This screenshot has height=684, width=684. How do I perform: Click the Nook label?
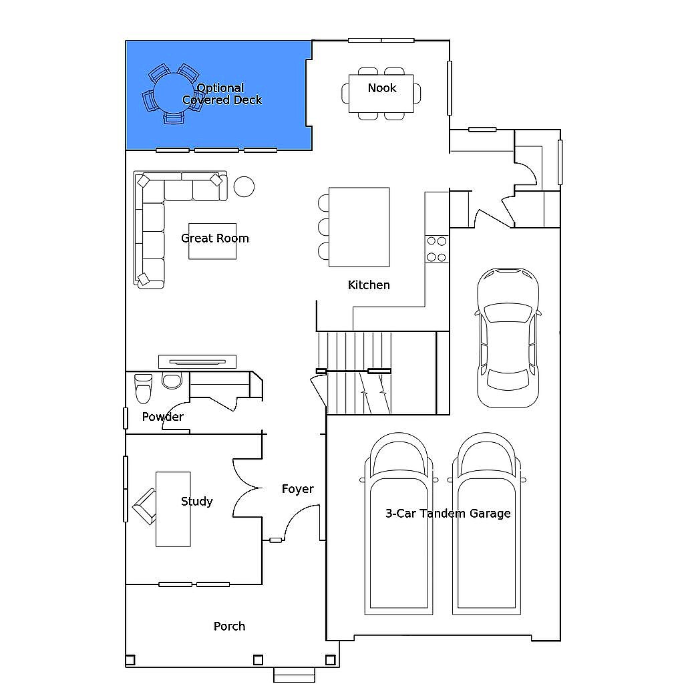click(x=381, y=88)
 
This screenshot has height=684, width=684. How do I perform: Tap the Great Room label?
click(x=214, y=238)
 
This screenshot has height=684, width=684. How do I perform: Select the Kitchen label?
click(x=369, y=285)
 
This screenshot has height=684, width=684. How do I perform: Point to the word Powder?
click(x=163, y=417)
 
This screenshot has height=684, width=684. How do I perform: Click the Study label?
click(x=197, y=502)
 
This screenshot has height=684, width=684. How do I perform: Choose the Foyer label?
click(x=297, y=489)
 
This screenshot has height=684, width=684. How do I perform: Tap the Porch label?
click(x=230, y=627)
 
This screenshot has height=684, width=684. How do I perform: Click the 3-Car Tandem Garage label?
click(x=448, y=514)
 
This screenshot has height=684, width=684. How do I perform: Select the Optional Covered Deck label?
click(x=222, y=94)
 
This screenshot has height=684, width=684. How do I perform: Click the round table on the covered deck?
click(x=174, y=93)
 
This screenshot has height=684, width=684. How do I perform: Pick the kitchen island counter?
click(x=359, y=227)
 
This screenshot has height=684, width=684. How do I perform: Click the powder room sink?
click(x=172, y=380)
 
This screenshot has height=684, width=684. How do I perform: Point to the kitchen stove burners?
click(x=437, y=249)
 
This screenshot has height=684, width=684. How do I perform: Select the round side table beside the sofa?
click(x=244, y=187)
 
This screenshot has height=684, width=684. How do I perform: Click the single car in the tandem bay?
click(x=508, y=338)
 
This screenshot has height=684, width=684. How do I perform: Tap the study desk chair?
click(x=144, y=506)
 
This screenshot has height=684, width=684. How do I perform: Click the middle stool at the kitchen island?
click(x=323, y=227)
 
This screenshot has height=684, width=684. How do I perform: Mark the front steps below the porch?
click(x=294, y=675)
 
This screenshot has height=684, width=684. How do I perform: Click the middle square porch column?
click(x=259, y=660)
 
